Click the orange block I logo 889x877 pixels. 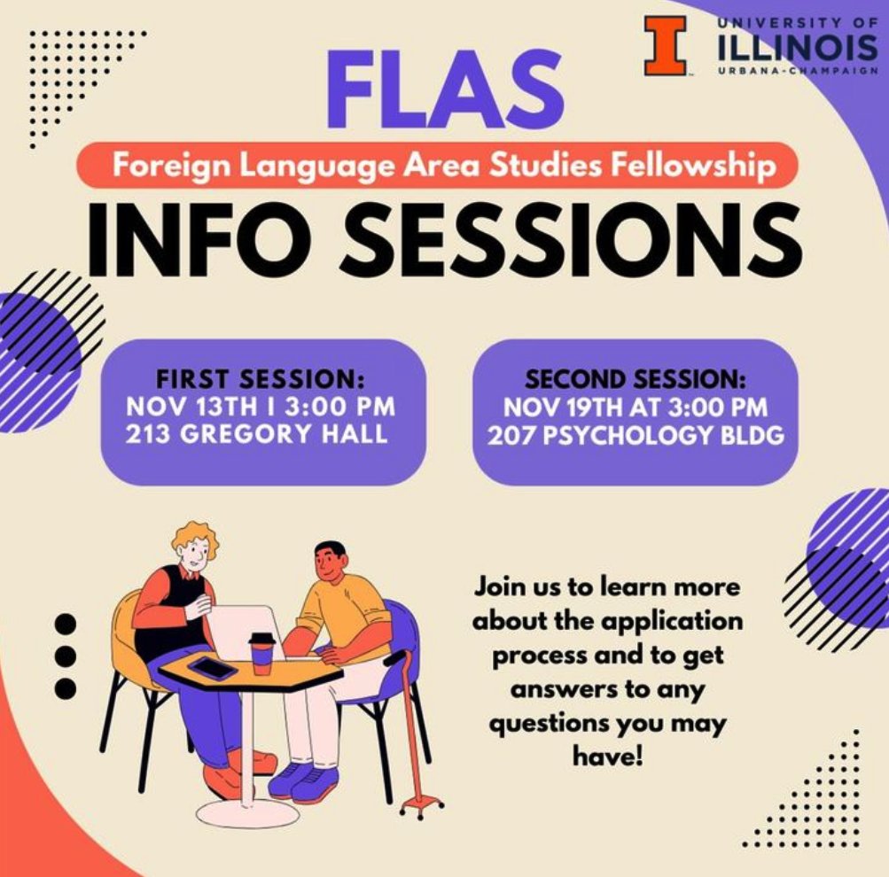pyautogui.click(x=666, y=45)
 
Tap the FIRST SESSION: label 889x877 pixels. pyautogui.click(x=261, y=379)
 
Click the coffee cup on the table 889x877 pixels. pyautogui.click(x=261, y=653)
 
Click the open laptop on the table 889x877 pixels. pyautogui.click(x=244, y=632)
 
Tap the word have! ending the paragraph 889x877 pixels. pyautogui.click(x=606, y=755)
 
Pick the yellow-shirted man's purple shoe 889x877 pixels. pyautogui.click(x=301, y=780)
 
